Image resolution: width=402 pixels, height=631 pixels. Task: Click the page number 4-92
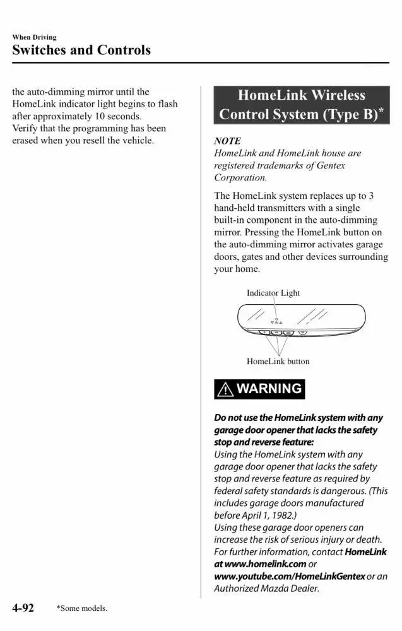coord(23,608)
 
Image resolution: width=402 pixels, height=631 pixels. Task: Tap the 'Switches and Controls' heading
coord(81,50)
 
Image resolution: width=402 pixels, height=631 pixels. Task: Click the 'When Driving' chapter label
coord(34,37)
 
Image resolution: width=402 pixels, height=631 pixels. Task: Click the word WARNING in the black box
coord(269,389)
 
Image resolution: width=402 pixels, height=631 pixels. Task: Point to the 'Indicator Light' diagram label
coord(273,293)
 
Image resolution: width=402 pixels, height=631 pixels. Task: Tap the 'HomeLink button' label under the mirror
coord(278,362)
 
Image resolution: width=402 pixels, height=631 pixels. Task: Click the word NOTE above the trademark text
coord(227,141)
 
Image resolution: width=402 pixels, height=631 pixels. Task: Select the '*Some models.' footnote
coord(81,608)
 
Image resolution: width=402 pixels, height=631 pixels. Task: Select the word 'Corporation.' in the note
coord(240,177)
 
